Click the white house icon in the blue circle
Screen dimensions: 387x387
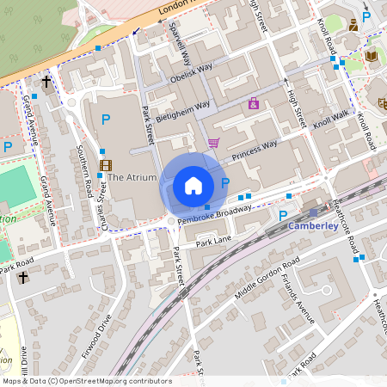(x=193, y=185)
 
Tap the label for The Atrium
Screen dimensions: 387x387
(x=132, y=178)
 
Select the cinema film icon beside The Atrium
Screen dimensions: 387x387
(x=105, y=165)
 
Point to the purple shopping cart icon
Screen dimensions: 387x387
(x=213, y=143)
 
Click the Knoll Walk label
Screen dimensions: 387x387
(x=331, y=118)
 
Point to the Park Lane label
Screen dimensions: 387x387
(x=214, y=240)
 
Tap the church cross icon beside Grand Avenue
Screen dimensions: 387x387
(x=46, y=83)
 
